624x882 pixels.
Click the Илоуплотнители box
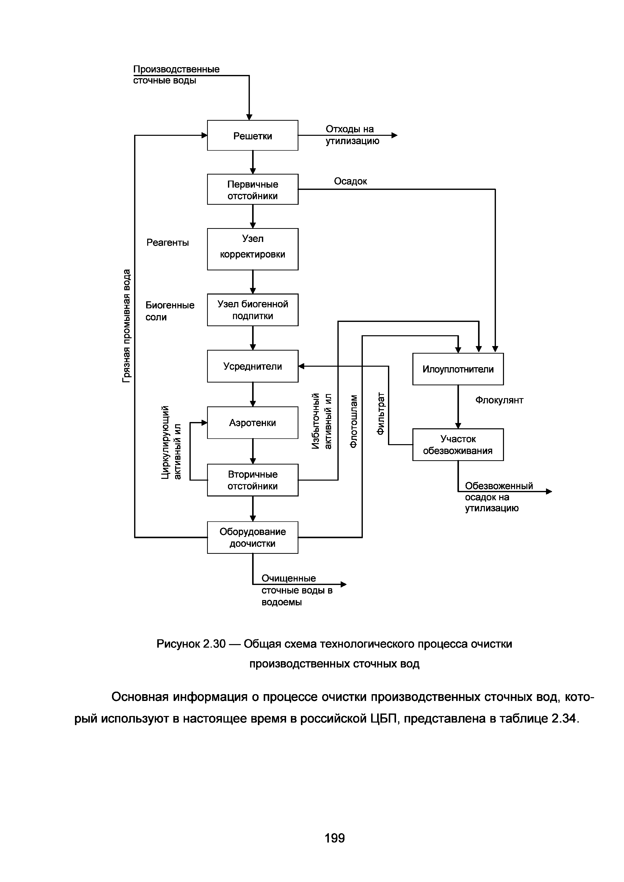(458, 369)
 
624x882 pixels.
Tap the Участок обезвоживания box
(458, 444)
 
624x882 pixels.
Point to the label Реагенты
(168, 242)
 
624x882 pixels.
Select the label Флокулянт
(499, 400)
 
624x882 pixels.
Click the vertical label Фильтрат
(380, 413)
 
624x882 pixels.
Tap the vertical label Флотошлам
(354, 421)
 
